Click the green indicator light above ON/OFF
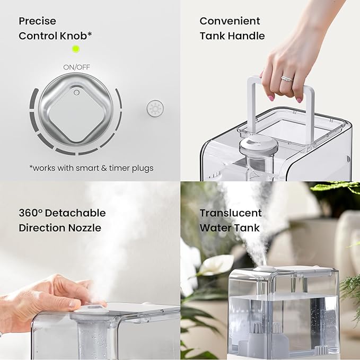pyautogui.click(x=76, y=49)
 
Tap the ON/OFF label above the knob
pyautogui.click(x=76, y=67)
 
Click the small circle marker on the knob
pyautogui.click(x=76, y=92)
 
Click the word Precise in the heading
pyautogui.click(x=37, y=21)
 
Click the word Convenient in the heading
pyautogui.click(x=230, y=21)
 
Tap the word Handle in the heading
pyautogui.click(x=247, y=36)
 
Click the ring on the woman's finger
pyautogui.click(x=286, y=79)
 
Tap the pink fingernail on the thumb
pyautogui.click(x=271, y=98)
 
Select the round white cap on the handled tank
pyautogui.click(x=256, y=143)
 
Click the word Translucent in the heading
pyautogui.click(x=231, y=213)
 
